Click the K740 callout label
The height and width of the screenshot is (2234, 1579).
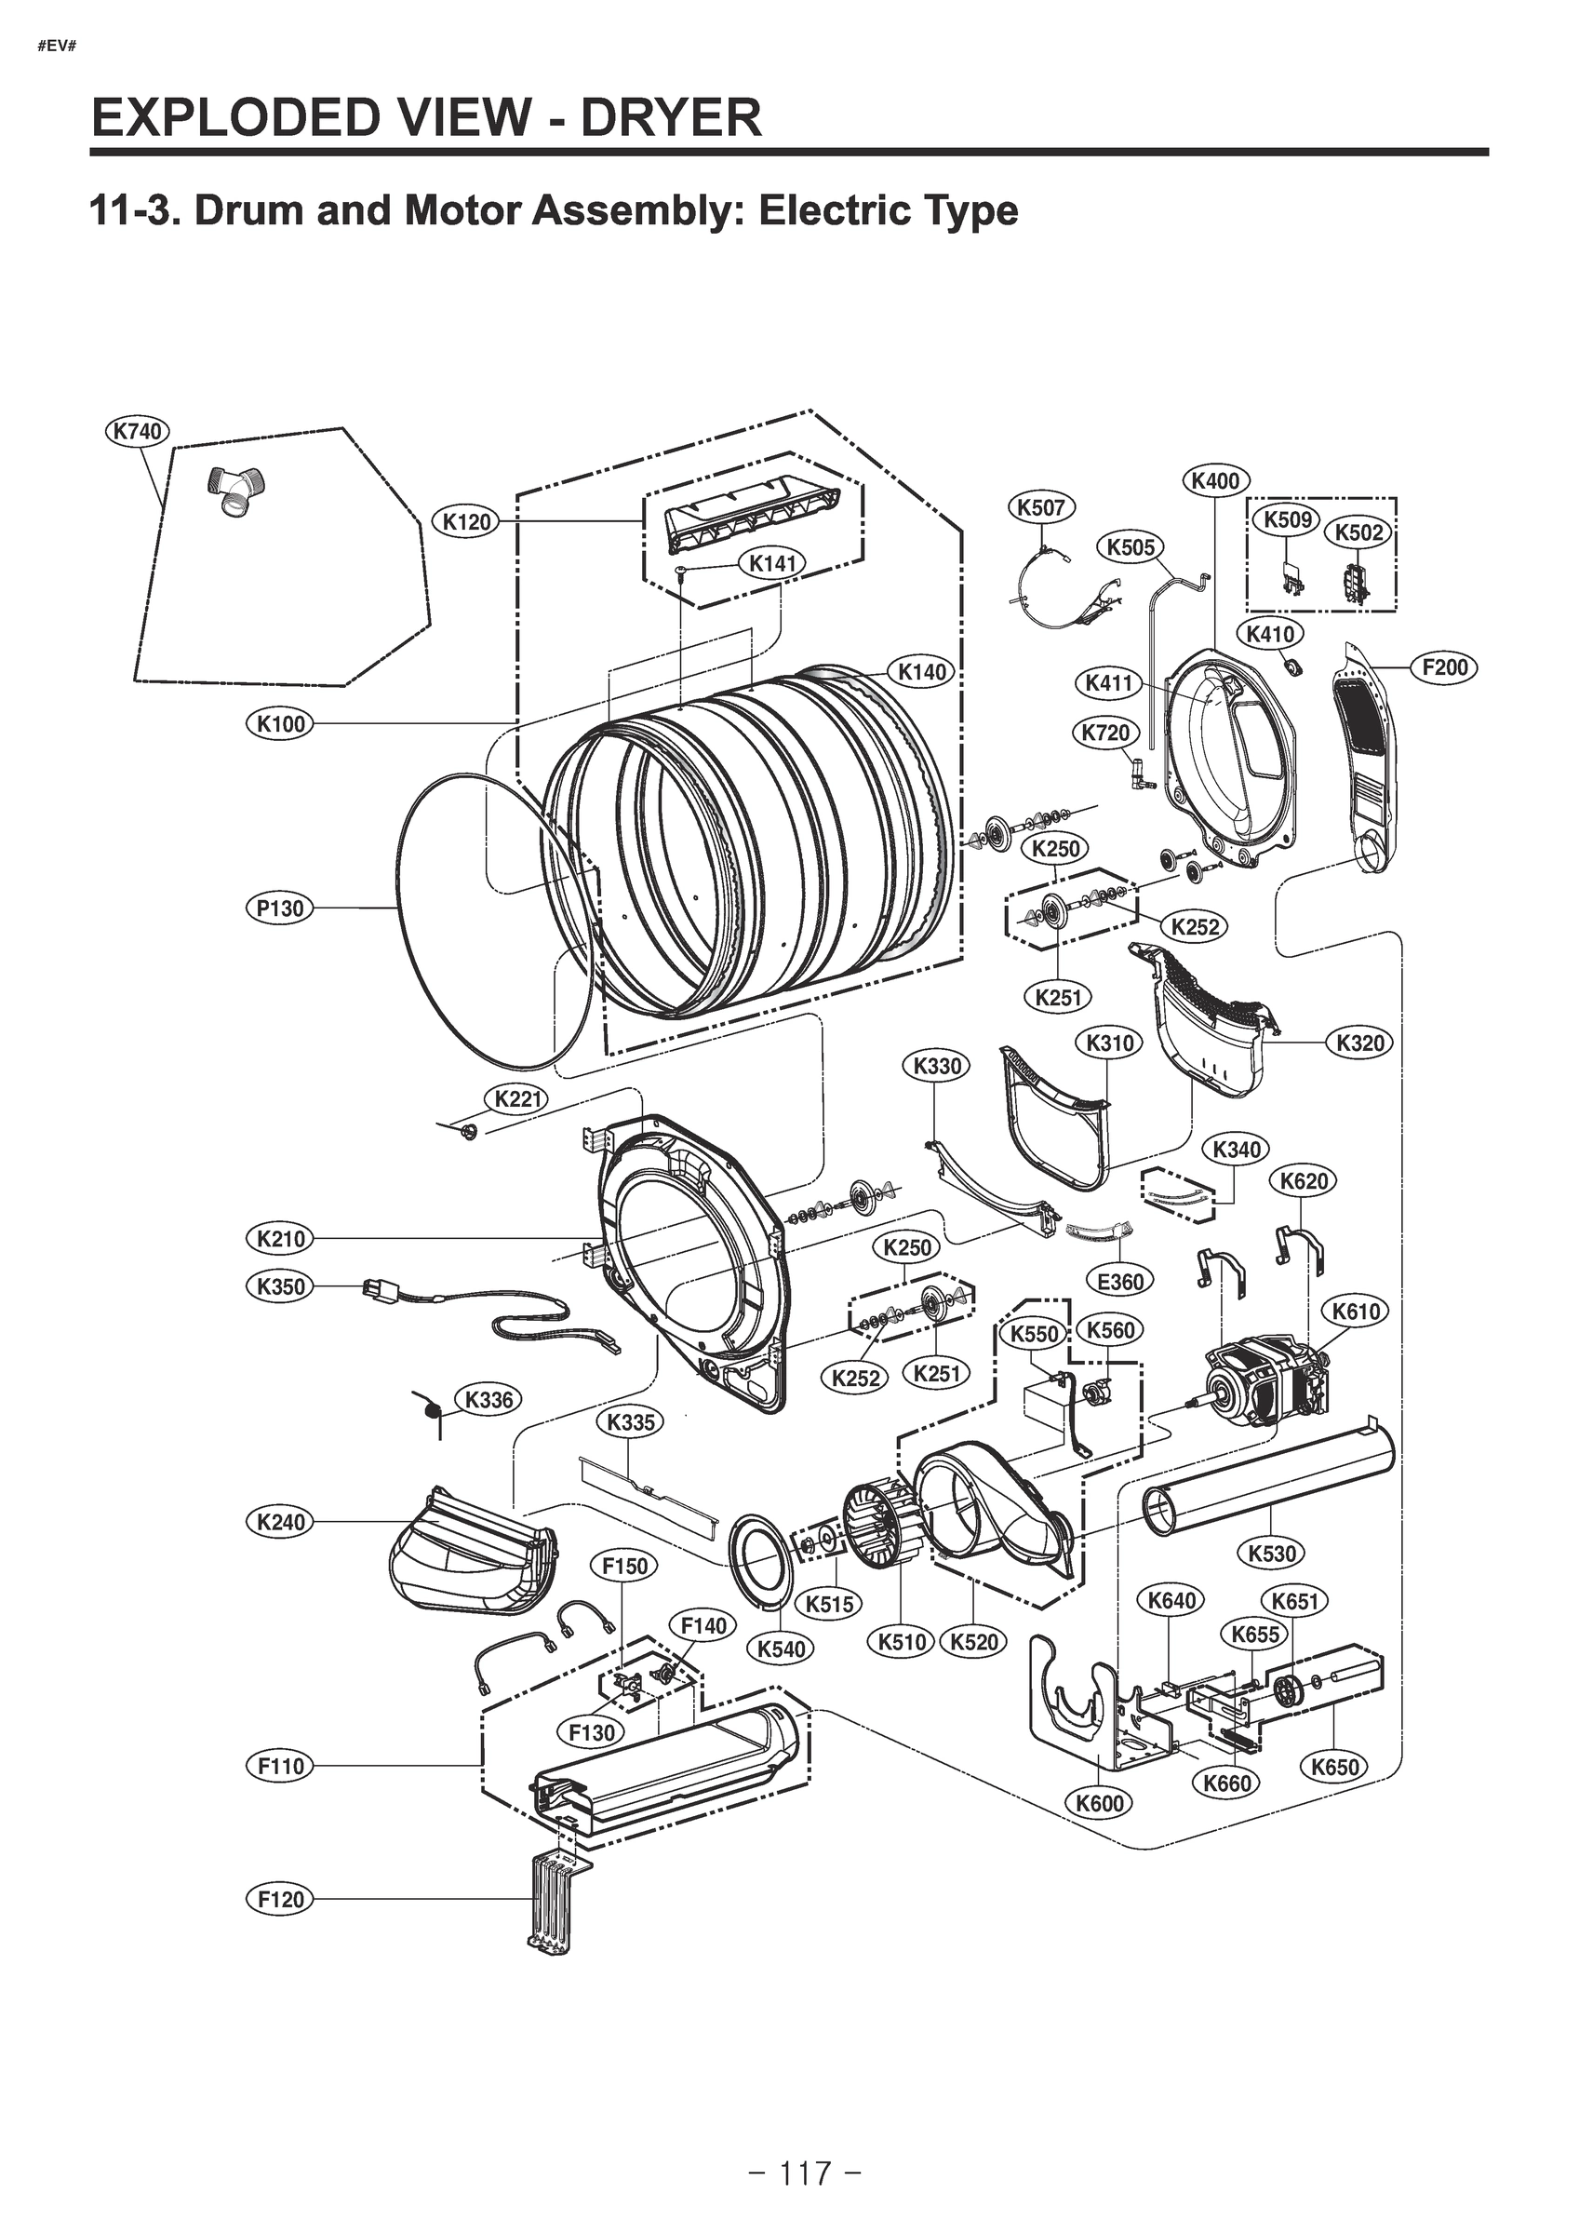[x=137, y=431]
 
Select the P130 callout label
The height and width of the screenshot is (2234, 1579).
[x=280, y=908]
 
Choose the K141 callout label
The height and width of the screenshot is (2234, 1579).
[x=772, y=562]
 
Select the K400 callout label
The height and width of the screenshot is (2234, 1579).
[x=1216, y=480]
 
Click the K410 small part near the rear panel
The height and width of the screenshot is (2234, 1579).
[x=1294, y=666]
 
